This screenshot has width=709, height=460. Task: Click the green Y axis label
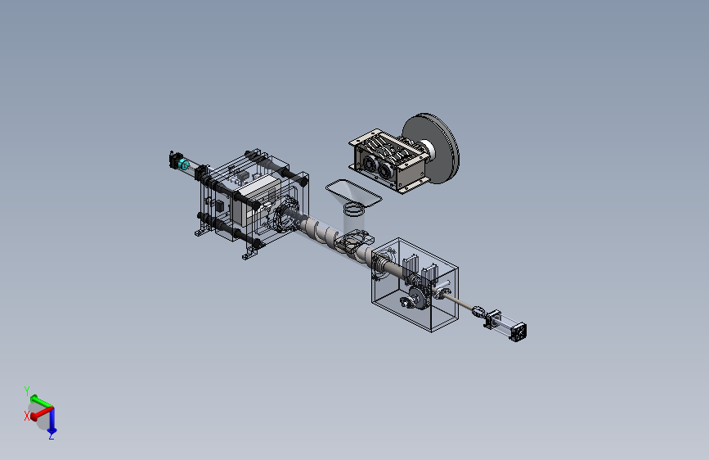(x=27, y=390)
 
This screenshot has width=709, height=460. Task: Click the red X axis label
(x=27, y=416)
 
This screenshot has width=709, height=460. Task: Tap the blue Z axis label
(x=51, y=436)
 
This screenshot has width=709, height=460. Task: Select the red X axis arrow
(x=42, y=413)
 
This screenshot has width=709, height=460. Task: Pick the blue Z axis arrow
(x=52, y=420)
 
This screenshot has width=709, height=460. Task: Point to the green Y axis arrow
(x=41, y=401)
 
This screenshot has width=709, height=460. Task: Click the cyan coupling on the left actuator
(x=183, y=164)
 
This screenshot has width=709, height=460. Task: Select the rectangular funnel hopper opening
(x=353, y=193)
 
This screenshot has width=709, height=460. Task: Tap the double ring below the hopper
(x=354, y=210)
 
